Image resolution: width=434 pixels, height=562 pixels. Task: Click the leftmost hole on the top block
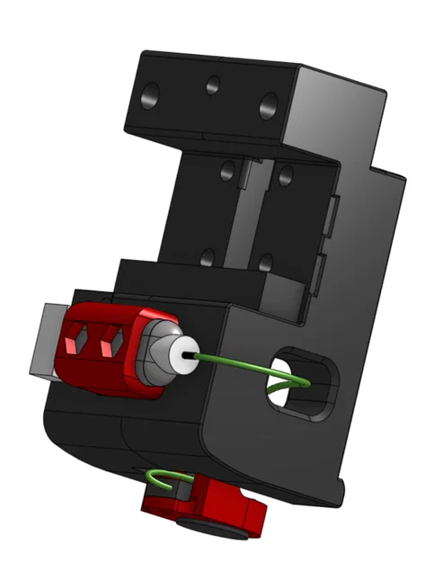tap(152, 93)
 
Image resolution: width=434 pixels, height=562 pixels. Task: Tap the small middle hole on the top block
tap(213, 85)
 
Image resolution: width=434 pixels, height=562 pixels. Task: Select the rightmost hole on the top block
tap(269, 105)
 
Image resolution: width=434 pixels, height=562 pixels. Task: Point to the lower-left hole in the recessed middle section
tap(208, 257)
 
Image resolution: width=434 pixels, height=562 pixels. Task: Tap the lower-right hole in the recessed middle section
tap(266, 263)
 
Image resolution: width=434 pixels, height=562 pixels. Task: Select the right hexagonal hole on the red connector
tap(111, 341)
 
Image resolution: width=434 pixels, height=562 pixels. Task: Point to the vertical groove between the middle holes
tap(251, 216)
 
